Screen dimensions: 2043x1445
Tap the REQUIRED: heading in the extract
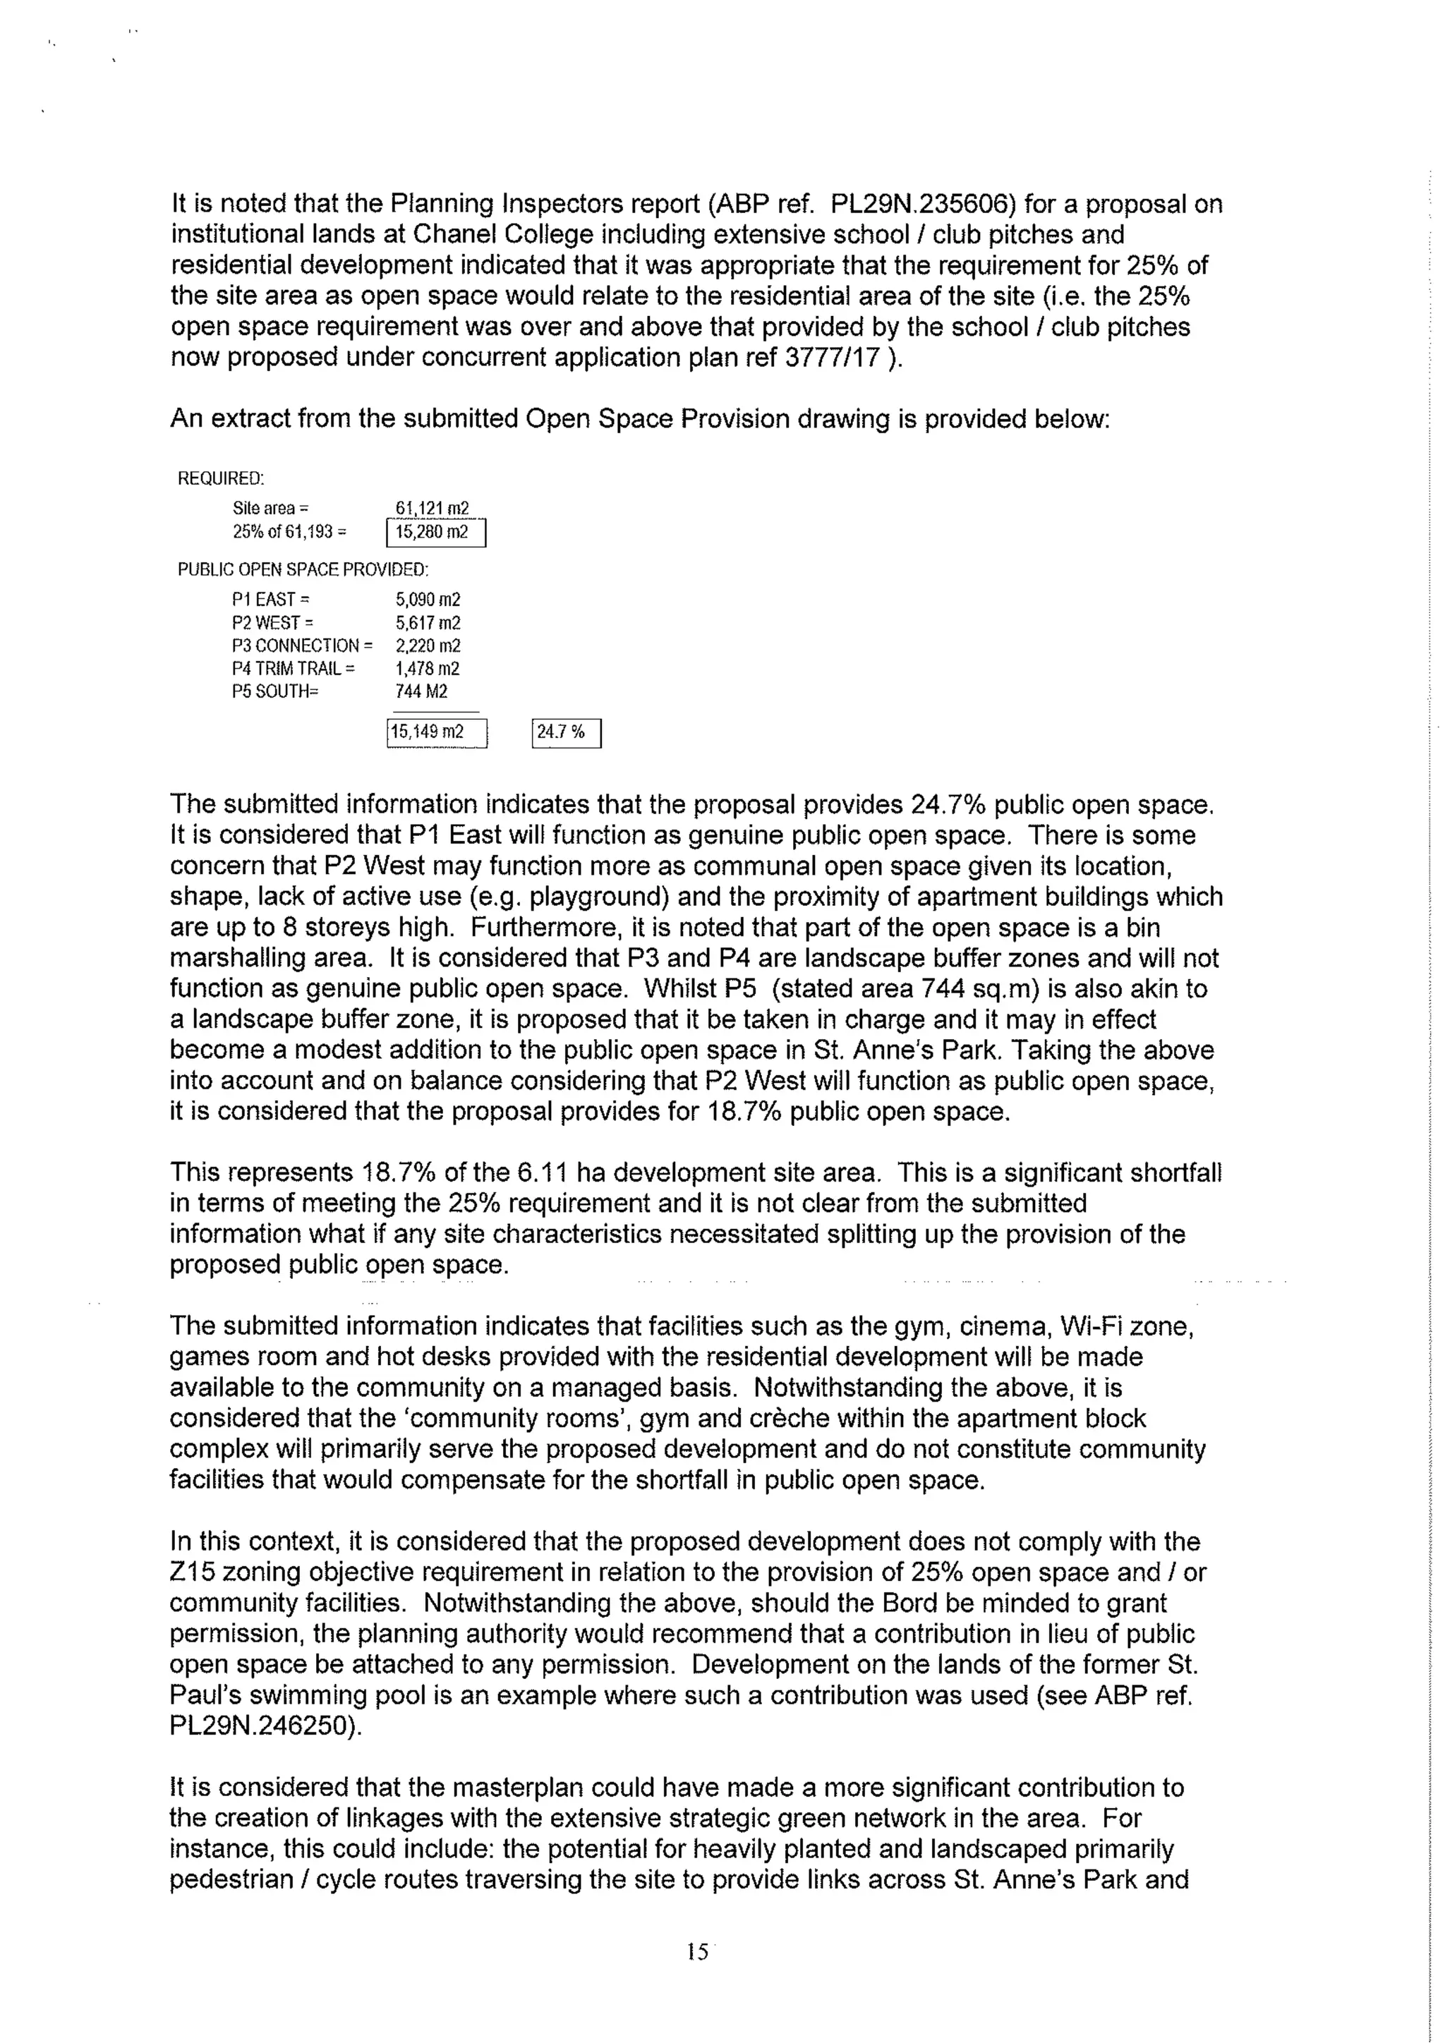coord(221,479)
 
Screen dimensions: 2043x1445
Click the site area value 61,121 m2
coord(433,508)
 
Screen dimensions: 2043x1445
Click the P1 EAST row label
coord(270,600)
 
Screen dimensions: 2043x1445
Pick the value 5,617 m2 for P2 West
coord(428,623)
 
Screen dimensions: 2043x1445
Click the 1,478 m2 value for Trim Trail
coord(428,668)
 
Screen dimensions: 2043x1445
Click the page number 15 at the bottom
coord(698,1951)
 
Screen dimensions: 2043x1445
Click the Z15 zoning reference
coord(192,1572)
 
